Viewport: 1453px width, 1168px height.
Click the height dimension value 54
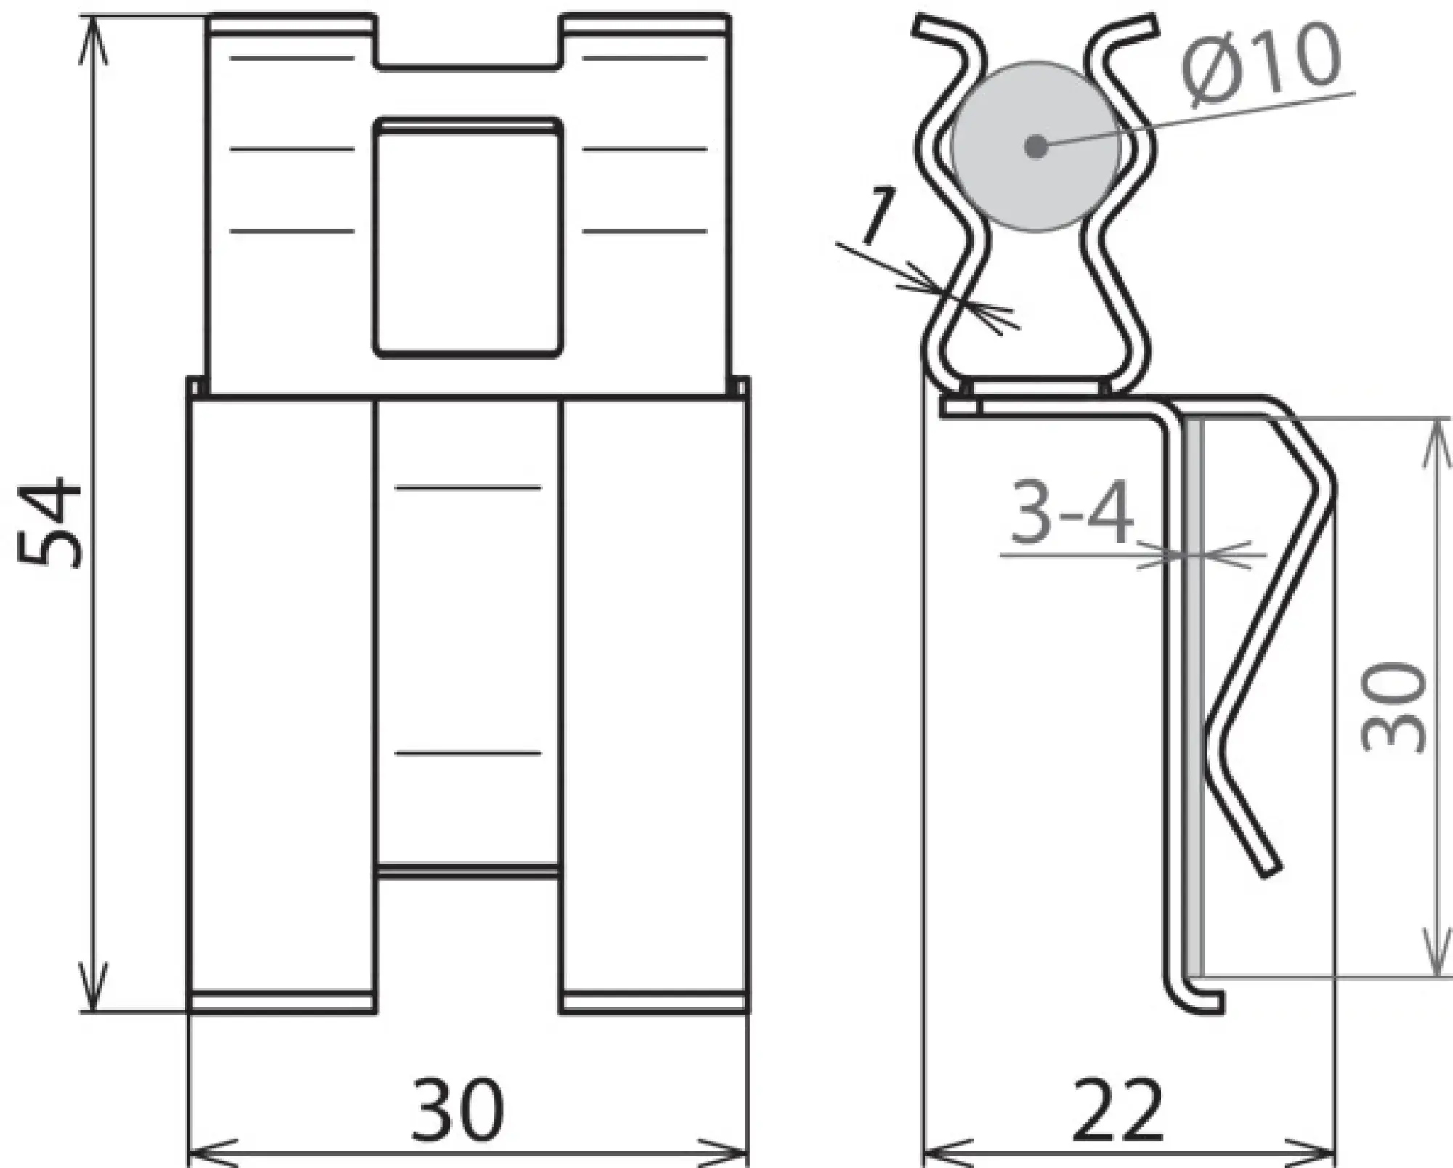click(x=49, y=523)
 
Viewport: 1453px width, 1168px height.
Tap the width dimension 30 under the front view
click(x=458, y=1109)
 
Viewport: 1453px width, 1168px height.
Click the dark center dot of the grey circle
click(x=1036, y=147)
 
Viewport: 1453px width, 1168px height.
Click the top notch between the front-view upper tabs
click(x=469, y=44)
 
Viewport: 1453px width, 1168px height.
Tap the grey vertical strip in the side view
click(x=1194, y=697)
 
